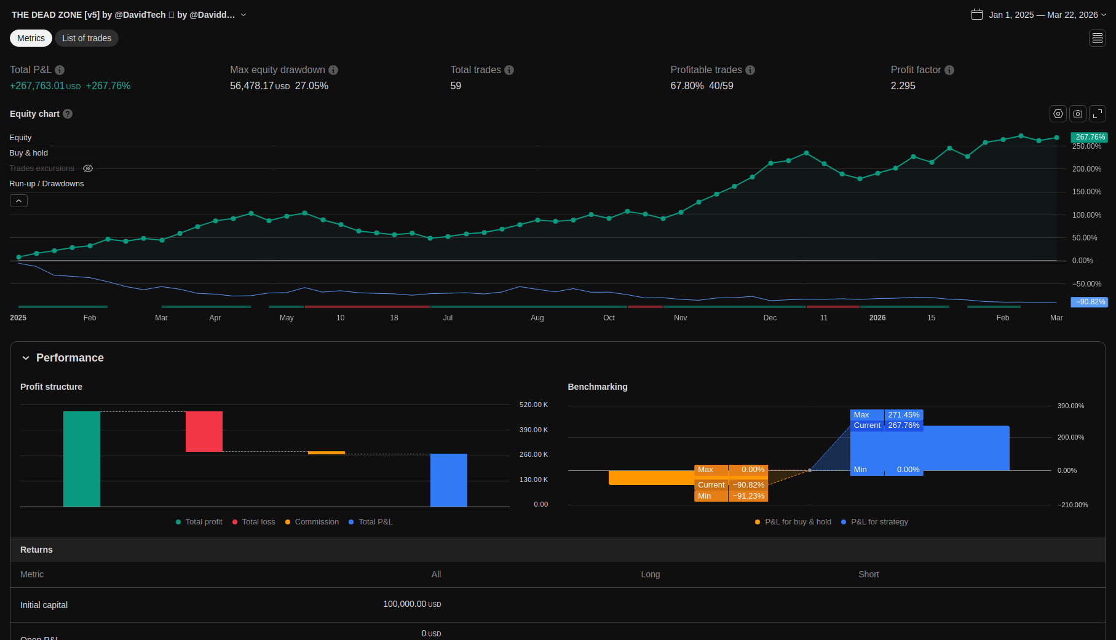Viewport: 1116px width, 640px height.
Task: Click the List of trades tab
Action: pos(87,38)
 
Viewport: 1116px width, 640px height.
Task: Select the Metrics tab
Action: pos(31,38)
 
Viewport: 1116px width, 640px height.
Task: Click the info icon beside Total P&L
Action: pos(60,70)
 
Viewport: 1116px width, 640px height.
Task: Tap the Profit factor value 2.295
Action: pos(903,86)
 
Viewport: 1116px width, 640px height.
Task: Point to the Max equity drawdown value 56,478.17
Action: pos(251,86)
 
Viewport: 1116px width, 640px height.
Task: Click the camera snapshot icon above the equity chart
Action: pos(1078,114)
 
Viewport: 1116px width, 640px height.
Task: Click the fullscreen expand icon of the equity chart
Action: pos(1098,114)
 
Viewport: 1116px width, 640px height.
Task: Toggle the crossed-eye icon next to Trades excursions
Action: pos(88,168)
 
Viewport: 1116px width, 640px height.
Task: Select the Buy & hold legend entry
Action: pos(28,153)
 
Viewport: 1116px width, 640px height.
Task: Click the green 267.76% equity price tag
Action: pos(1090,137)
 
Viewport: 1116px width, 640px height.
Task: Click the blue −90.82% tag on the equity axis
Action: pos(1090,302)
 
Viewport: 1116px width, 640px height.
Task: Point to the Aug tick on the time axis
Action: pos(537,318)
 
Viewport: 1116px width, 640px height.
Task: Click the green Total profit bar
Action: pos(82,459)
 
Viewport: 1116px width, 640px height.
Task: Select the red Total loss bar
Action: pos(204,432)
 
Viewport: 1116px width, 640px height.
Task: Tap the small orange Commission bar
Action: pos(326,452)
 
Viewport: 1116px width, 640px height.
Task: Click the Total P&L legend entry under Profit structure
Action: pos(375,522)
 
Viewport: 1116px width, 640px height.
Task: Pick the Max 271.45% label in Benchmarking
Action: pos(887,415)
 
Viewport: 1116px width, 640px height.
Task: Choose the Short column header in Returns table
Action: pos(868,574)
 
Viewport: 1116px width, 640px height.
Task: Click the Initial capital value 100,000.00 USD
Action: pos(412,604)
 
